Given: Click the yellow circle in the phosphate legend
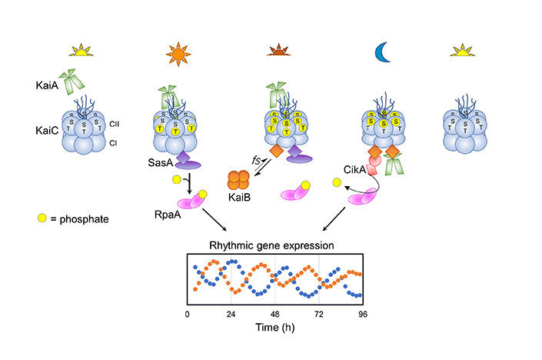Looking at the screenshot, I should (42, 219).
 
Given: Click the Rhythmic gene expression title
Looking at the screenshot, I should (272, 247).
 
